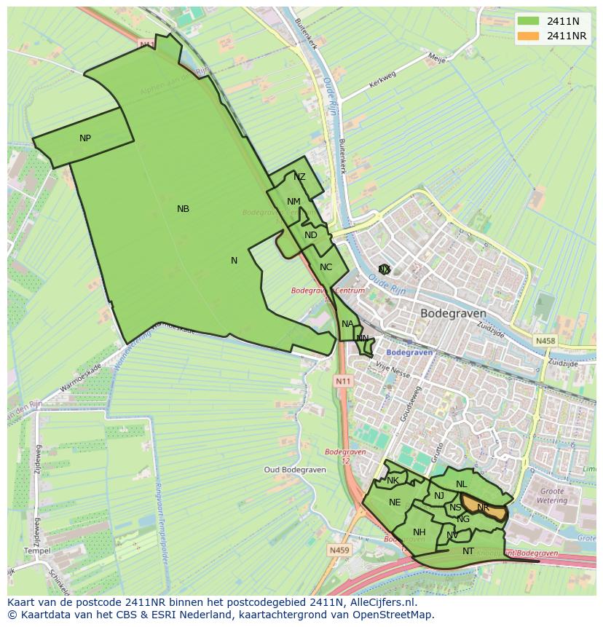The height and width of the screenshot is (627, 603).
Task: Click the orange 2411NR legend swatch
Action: pyautogui.click(x=529, y=36)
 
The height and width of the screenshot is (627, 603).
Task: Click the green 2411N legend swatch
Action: pyautogui.click(x=529, y=20)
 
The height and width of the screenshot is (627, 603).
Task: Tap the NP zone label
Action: pyautogui.click(x=85, y=138)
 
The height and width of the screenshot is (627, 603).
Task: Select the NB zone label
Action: pyautogui.click(x=183, y=209)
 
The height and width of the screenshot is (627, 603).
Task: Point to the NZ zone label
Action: pyautogui.click(x=299, y=177)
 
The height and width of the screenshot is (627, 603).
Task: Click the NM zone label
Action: pyautogui.click(x=293, y=202)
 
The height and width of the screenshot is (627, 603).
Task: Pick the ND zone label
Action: pyautogui.click(x=311, y=235)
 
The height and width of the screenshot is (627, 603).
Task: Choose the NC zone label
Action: pyautogui.click(x=326, y=267)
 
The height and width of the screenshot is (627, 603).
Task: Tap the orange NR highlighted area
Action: pyautogui.click(x=486, y=508)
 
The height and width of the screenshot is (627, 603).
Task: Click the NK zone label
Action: pyautogui.click(x=393, y=481)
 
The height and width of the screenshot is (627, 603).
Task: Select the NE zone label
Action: pyautogui.click(x=395, y=502)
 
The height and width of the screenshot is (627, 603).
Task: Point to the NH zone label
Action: pyautogui.click(x=419, y=532)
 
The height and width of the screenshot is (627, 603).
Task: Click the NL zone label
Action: pyautogui.click(x=461, y=484)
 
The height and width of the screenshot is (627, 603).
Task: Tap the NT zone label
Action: pyautogui.click(x=468, y=551)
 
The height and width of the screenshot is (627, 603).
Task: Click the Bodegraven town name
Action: pyautogui.click(x=453, y=313)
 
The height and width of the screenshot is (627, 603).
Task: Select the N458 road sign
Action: pyautogui.click(x=545, y=340)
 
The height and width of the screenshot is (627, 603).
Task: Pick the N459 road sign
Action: pyautogui.click(x=339, y=550)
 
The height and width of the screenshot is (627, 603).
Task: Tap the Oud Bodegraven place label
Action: pyautogui.click(x=291, y=470)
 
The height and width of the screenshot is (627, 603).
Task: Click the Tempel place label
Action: pyautogui.click(x=36, y=551)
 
